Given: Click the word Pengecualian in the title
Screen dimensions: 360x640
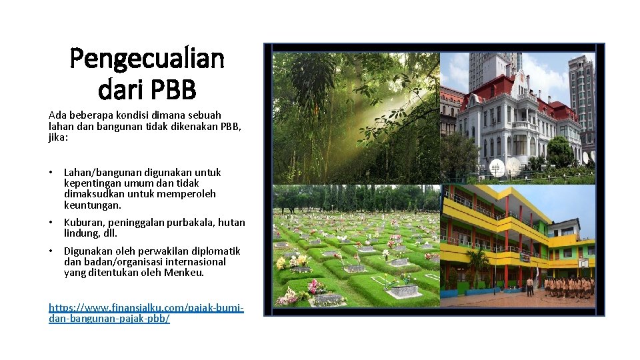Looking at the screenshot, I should pos(147,60).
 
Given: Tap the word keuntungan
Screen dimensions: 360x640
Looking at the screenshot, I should pos(93,205).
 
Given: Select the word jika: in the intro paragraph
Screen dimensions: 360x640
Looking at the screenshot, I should pos(58,136).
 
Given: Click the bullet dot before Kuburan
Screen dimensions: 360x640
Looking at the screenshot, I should pos(51,223).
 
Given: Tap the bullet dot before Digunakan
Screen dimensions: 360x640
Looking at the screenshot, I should pos(51,251).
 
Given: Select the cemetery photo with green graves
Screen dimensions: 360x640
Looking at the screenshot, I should pos(356,247).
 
